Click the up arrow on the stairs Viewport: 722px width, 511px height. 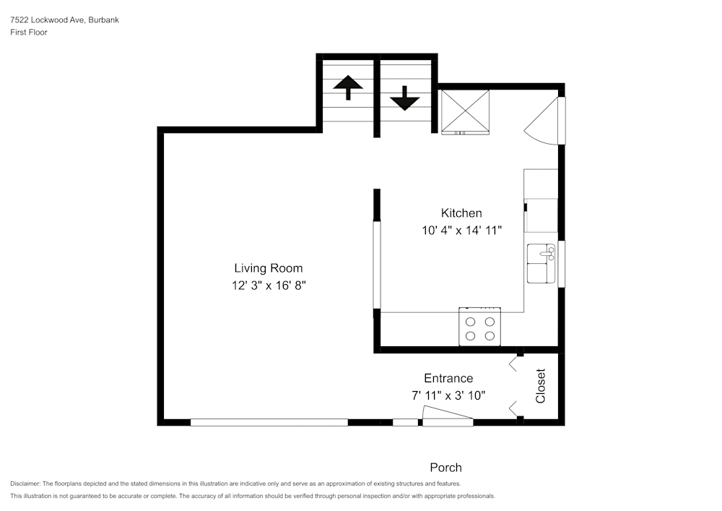(x=348, y=87)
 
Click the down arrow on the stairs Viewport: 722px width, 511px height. (x=405, y=98)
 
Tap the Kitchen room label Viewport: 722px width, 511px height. (x=461, y=213)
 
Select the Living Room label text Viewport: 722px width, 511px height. (x=268, y=268)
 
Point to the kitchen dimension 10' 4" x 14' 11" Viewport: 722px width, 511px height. (x=461, y=231)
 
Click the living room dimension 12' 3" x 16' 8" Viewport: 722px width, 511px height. (x=268, y=285)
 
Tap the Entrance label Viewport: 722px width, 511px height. (x=448, y=378)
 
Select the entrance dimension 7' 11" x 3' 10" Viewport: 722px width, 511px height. (x=448, y=395)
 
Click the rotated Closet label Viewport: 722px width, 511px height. (x=540, y=386)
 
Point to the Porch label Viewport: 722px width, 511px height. (x=445, y=468)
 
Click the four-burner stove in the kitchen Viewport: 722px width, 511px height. (x=480, y=328)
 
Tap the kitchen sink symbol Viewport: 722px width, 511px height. (x=541, y=263)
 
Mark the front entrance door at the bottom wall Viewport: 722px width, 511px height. (x=448, y=417)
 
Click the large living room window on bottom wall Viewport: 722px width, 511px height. (x=269, y=422)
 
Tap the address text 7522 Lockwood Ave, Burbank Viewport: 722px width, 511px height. (x=64, y=20)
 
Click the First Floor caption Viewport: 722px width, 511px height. (x=29, y=33)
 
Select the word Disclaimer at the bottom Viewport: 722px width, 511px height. (x=25, y=484)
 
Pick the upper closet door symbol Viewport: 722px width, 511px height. (x=514, y=363)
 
